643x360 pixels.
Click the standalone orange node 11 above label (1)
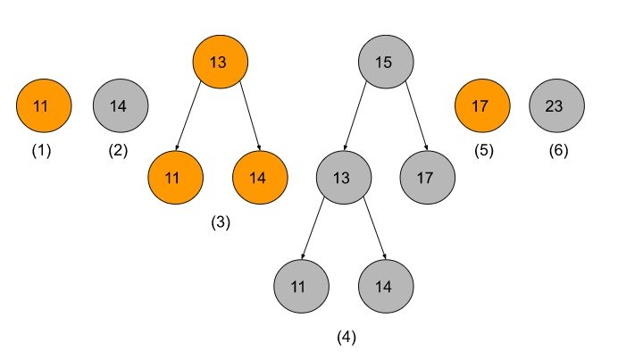pos(43,106)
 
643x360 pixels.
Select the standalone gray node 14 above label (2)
pos(121,106)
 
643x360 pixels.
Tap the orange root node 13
pos(220,62)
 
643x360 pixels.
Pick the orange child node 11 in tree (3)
pos(176,177)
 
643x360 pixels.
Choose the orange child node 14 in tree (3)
pos(260,177)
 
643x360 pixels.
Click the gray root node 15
pos(386,62)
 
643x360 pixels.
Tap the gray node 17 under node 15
pos(428,177)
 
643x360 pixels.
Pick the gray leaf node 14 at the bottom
pos(386,287)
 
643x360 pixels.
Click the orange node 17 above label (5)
pos(482,106)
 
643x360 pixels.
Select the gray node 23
pos(557,106)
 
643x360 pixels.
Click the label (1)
pos(41,150)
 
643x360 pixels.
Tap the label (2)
pos(118,150)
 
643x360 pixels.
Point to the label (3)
pos(221,223)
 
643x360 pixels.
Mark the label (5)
pos(483,150)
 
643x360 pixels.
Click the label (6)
pos(558,150)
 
